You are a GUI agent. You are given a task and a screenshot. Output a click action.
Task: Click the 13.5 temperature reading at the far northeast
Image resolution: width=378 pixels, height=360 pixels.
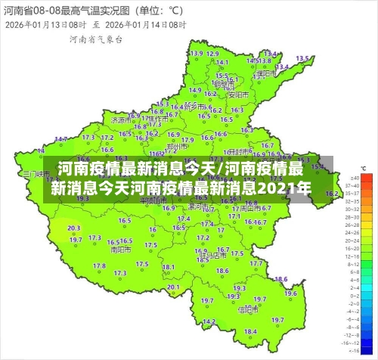[x=302, y=58]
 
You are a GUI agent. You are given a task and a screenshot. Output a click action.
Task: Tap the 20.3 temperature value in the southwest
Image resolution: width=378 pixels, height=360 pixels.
[x=73, y=228]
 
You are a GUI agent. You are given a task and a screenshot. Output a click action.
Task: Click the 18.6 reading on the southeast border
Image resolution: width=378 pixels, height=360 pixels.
[x=280, y=280]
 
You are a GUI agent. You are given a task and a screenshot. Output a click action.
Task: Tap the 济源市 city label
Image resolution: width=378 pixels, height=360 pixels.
[x=120, y=119]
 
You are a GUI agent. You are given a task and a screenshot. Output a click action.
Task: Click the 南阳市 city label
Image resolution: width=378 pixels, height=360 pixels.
[x=119, y=248]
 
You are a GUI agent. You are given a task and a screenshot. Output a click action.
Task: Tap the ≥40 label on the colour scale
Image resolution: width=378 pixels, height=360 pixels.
[x=352, y=186]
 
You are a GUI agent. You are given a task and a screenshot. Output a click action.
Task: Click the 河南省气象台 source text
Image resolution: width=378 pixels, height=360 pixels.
[x=95, y=39]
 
